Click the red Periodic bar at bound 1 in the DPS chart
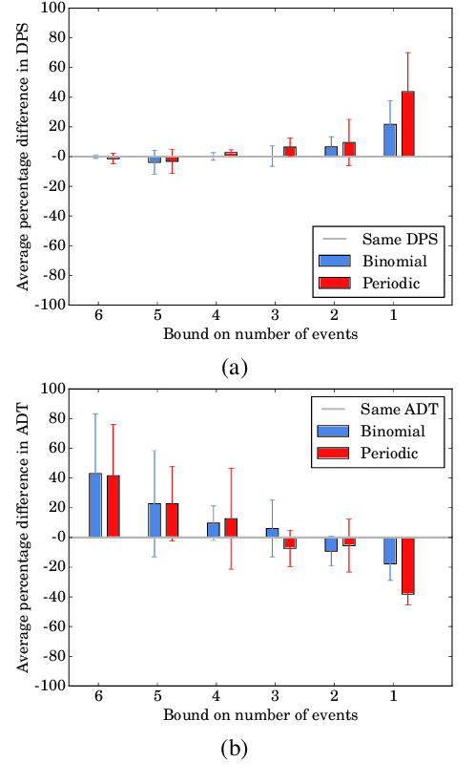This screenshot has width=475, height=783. pyautogui.click(x=407, y=123)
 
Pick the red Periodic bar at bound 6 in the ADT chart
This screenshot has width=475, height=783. pyautogui.click(x=114, y=506)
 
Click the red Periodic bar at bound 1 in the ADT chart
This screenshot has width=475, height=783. pyautogui.click(x=407, y=565)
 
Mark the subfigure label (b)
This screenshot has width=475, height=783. pyautogui.click(x=235, y=749)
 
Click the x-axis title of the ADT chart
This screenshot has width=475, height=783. pyautogui.click(x=259, y=714)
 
